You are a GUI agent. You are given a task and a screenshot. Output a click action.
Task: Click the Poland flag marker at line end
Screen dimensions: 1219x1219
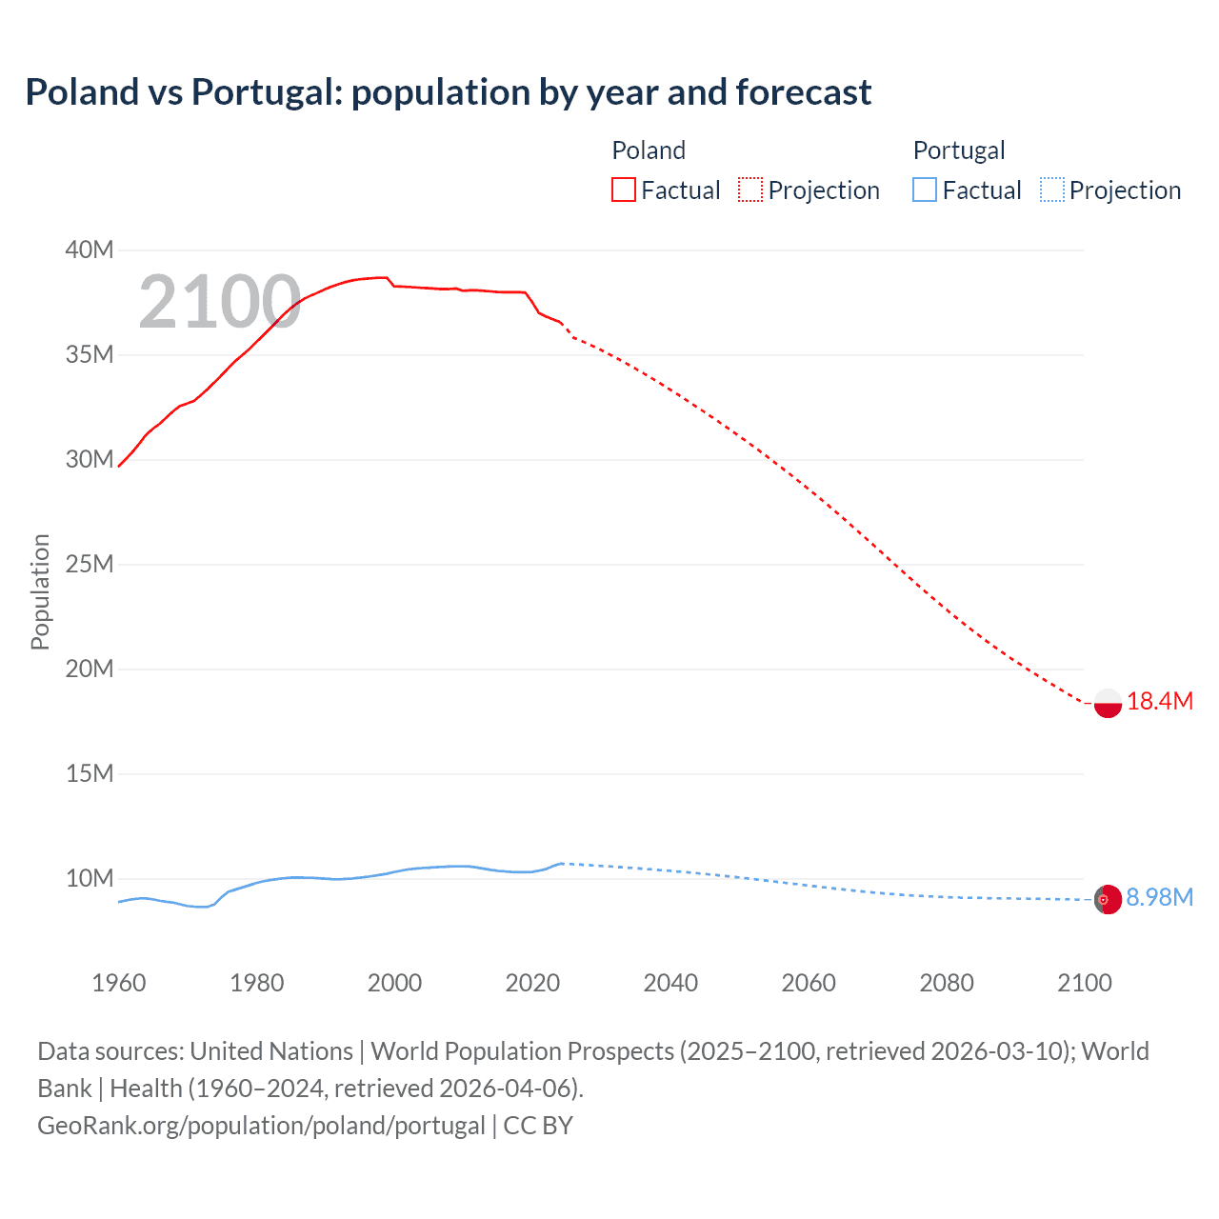1108,703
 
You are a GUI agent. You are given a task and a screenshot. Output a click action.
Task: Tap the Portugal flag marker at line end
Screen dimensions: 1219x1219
1108,899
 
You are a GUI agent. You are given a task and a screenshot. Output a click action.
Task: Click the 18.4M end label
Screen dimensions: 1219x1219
1159,702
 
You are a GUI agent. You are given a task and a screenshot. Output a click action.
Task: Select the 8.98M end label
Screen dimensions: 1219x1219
1159,898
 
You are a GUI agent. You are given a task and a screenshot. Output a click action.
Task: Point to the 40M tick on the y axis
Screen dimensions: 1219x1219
90,250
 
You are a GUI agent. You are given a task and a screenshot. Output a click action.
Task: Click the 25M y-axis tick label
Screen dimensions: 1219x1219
90,565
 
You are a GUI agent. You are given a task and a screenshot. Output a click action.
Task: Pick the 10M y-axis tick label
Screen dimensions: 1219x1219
90,879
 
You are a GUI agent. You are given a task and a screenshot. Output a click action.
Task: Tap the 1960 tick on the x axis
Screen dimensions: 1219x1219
119,983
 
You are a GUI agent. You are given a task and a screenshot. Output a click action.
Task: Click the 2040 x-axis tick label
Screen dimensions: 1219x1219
670,983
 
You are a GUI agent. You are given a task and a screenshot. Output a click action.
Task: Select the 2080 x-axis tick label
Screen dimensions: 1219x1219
947,983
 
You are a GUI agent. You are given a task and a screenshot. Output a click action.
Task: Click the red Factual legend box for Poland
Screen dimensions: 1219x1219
624,190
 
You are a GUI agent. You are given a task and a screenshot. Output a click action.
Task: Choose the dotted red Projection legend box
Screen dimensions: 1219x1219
750,190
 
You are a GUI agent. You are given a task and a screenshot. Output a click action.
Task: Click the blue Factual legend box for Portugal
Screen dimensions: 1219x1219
925,190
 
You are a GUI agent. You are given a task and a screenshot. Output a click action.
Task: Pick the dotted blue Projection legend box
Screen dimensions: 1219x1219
1052,190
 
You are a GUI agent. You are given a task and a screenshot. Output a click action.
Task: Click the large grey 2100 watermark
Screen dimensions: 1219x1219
220,303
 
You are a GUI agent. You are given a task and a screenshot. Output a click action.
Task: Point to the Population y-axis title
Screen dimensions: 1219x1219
40,591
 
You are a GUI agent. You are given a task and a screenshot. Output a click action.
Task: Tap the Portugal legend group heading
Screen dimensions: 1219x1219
958,150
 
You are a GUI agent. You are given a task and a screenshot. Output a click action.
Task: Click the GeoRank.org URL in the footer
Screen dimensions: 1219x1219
261,1126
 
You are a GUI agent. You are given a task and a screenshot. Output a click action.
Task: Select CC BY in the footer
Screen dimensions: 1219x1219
538,1126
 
